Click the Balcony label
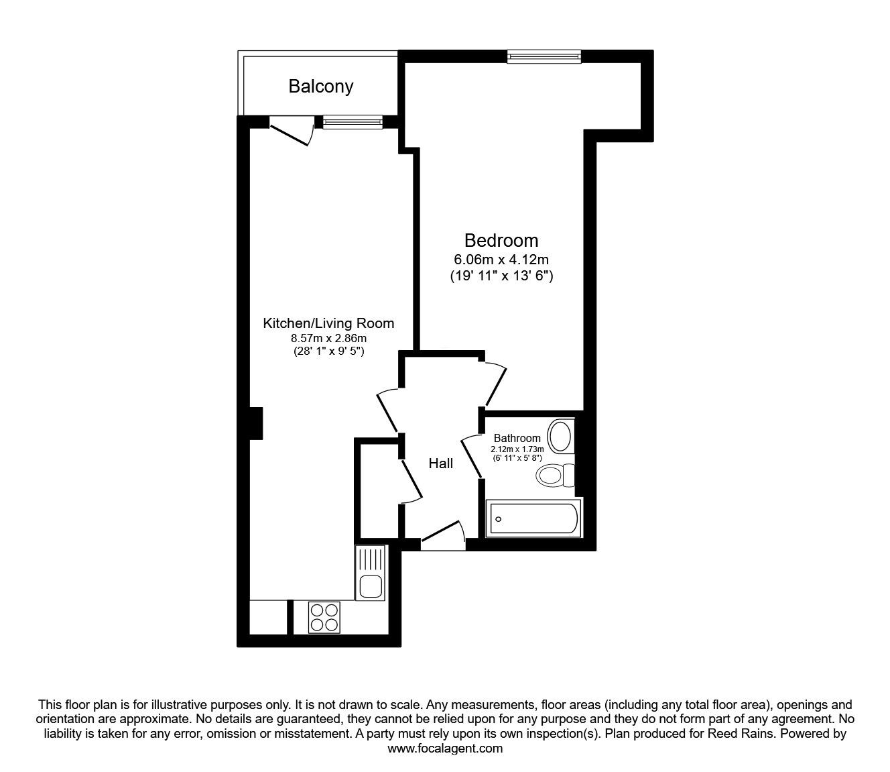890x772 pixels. click(x=320, y=87)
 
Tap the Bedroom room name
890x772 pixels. click(x=501, y=240)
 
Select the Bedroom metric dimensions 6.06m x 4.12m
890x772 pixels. click(x=501, y=259)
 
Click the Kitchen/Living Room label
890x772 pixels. click(x=328, y=323)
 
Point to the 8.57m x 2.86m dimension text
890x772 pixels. click(x=328, y=339)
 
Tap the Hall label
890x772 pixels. click(x=441, y=463)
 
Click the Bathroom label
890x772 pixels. click(x=517, y=438)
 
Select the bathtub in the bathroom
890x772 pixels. click(x=534, y=517)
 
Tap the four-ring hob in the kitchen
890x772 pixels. click(x=324, y=616)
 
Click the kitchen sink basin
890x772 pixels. click(x=370, y=586)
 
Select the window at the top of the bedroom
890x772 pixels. click(x=544, y=57)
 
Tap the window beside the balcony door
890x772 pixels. click(x=353, y=122)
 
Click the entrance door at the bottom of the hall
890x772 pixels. click(x=443, y=535)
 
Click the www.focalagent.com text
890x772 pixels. click(x=445, y=749)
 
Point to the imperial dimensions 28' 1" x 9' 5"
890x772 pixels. click(x=328, y=351)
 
